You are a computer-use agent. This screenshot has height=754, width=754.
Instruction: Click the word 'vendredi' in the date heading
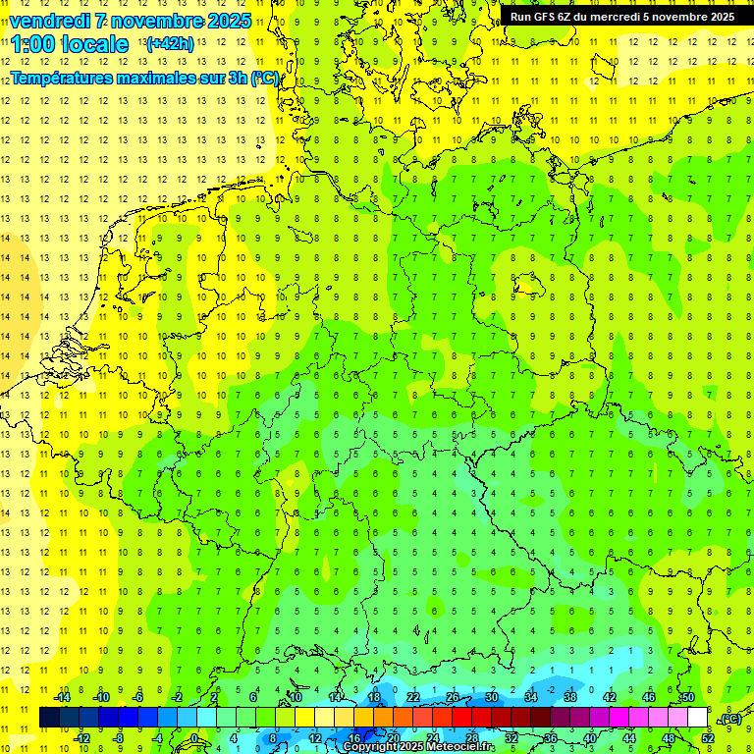(54, 21)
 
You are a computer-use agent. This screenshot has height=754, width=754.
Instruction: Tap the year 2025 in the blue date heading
(227, 21)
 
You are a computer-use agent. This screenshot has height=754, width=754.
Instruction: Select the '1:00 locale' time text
(70, 44)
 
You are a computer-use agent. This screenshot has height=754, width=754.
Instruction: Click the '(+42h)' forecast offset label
(170, 44)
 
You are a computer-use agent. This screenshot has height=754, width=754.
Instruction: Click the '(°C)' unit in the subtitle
(265, 78)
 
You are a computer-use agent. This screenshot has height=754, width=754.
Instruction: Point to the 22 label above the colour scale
(413, 697)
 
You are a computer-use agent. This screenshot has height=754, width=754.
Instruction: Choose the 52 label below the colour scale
(708, 738)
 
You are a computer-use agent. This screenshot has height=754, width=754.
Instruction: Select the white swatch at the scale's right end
(698, 718)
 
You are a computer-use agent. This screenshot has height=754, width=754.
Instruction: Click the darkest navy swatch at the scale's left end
(49, 718)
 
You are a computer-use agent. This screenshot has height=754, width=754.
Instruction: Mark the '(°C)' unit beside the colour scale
(727, 719)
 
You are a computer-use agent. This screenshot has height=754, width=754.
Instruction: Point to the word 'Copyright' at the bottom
(371, 747)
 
